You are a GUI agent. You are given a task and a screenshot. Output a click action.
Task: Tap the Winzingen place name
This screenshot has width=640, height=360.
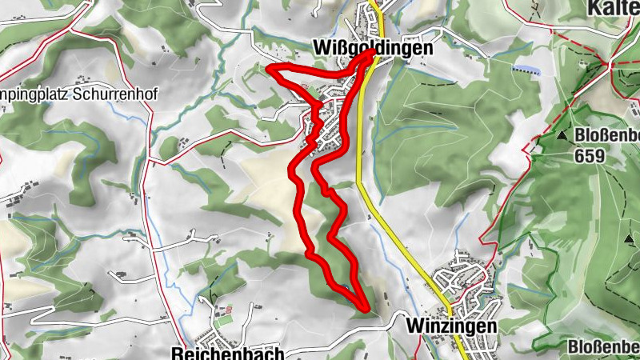[451, 326]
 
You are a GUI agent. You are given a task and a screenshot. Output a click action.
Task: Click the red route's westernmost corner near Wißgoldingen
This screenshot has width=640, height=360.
[269, 71]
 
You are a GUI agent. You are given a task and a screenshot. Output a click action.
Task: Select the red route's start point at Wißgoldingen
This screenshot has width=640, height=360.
[373, 54]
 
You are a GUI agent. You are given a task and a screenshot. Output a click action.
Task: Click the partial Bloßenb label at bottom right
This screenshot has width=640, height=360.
[603, 346]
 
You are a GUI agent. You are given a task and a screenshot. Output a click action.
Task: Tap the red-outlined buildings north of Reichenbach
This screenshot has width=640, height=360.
[226, 309]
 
